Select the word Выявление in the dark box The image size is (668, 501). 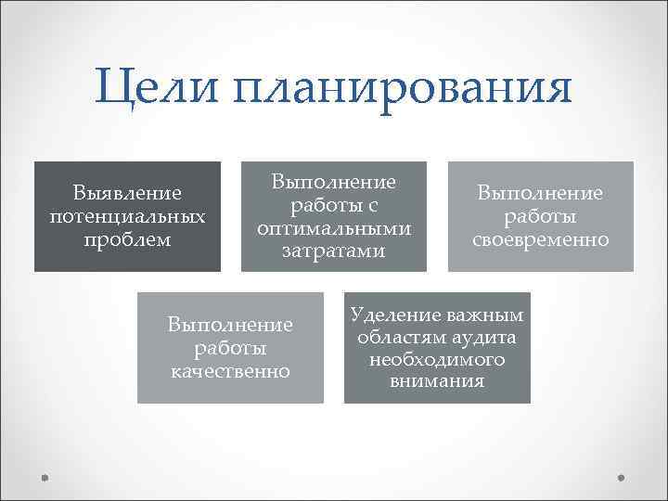pyautogui.click(x=127, y=194)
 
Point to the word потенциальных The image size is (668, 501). pyautogui.click(x=127, y=217)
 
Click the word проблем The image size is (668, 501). pyautogui.click(x=127, y=240)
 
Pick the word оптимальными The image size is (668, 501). pyautogui.click(x=334, y=228)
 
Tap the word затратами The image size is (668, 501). pyautogui.click(x=334, y=251)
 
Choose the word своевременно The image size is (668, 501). pyautogui.click(x=541, y=240)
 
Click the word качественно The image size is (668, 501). pyautogui.click(x=230, y=371)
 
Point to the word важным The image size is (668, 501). pyautogui.click(x=485, y=315)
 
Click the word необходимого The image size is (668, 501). pyautogui.click(x=437, y=360)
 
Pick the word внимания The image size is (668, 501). pyautogui.click(x=437, y=382)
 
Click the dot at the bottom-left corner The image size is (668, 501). pyautogui.click(x=45, y=479)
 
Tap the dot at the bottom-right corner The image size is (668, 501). pyautogui.click(x=623, y=479)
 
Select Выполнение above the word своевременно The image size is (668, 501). pyautogui.click(x=541, y=194)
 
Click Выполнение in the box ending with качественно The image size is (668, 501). pyautogui.click(x=230, y=325)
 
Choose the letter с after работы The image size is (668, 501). pyautogui.click(x=372, y=206)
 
